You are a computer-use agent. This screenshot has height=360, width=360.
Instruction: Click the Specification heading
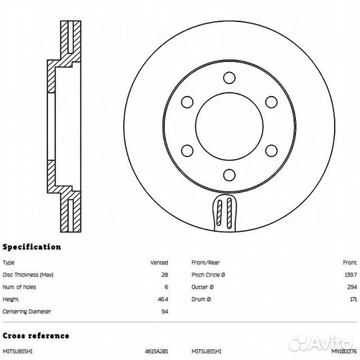click(32, 247)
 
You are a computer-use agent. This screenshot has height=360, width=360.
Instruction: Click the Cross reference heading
click(36, 335)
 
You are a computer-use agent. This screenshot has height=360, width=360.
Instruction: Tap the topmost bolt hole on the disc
click(229, 77)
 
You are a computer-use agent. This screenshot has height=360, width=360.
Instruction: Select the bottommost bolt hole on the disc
click(229, 175)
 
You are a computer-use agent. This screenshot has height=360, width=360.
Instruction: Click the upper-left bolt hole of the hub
click(187, 102)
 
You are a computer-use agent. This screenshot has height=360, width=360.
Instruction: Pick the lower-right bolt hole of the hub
click(271, 151)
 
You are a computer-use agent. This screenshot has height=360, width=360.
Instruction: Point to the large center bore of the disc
click(229, 126)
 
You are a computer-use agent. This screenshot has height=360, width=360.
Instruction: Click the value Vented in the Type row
click(159, 263)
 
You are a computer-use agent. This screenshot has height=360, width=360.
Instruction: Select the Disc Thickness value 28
click(165, 275)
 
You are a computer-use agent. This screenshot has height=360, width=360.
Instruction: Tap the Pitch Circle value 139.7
click(351, 275)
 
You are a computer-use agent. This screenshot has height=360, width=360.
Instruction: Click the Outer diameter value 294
click(352, 287)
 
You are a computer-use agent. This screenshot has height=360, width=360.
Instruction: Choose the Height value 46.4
click(163, 299)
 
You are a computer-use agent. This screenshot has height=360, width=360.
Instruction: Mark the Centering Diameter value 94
click(165, 311)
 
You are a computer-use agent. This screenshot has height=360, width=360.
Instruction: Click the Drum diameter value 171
click(353, 299)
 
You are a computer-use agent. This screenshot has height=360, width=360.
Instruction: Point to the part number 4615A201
click(157, 351)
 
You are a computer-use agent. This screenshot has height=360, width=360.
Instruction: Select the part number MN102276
click(344, 351)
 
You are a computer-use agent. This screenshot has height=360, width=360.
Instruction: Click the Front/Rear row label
click(205, 263)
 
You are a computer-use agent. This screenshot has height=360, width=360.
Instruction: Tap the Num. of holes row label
click(19, 287)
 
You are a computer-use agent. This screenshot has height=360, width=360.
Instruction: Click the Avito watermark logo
click(321, 342)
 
